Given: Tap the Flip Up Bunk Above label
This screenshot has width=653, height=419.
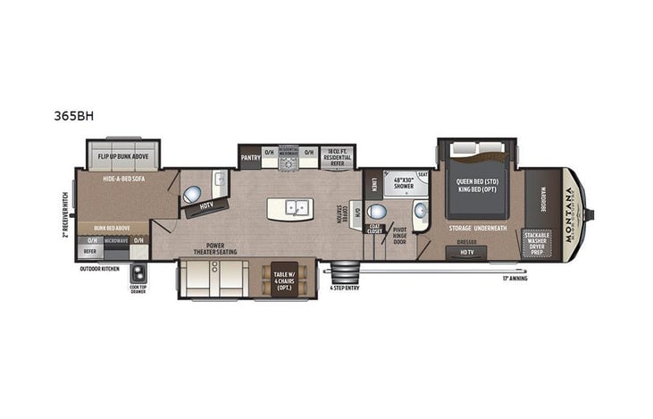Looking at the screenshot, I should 122,156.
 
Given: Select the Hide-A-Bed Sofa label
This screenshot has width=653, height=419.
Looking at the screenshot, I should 123,179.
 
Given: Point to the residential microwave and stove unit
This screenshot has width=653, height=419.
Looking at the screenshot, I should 288,155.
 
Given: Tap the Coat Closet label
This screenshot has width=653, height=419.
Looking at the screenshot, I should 374,228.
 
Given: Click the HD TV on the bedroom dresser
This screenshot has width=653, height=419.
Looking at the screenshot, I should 467,252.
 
